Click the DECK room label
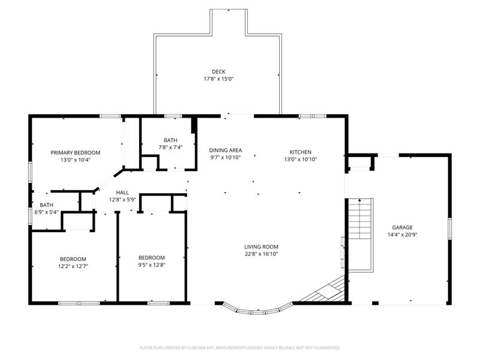(218, 71)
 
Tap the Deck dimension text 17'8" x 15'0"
(218, 79)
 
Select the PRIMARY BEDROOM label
(76, 153)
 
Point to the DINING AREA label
(226, 151)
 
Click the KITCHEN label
(301, 152)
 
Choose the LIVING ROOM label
(262, 247)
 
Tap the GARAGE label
(402, 227)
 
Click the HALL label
(122, 193)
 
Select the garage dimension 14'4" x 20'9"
(402, 235)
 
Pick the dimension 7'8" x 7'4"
(170, 148)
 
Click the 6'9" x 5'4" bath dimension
(47, 212)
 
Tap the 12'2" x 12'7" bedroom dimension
(73, 266)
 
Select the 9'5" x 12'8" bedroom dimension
(152, 265)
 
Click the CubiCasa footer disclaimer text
(239, 348)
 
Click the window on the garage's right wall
(449, 229)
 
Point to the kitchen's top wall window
(312, 116)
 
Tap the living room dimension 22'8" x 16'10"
(262, 254)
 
